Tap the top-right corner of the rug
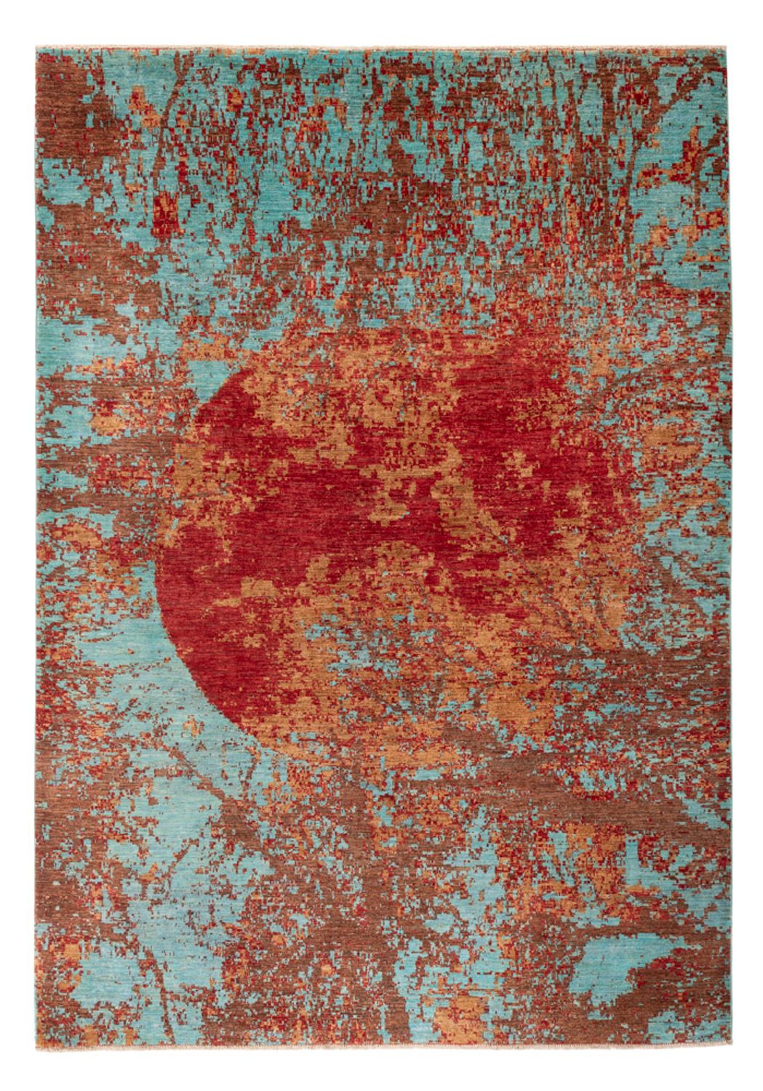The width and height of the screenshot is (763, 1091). [727, 49]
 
